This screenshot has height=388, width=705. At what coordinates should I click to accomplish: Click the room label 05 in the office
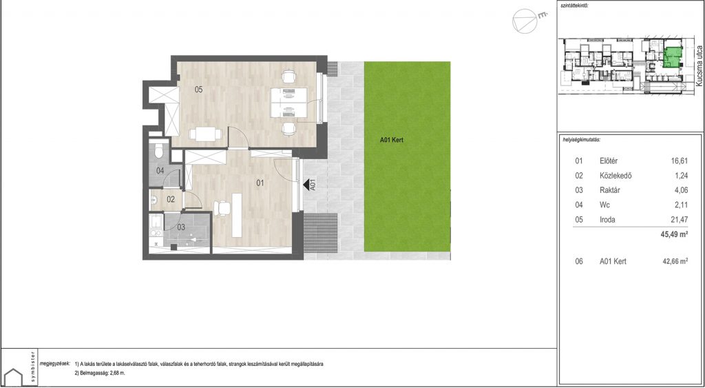pos(198,90)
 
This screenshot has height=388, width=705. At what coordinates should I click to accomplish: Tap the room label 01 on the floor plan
pos(260,183)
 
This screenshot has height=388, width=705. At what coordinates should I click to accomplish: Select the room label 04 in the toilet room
pos(160,171)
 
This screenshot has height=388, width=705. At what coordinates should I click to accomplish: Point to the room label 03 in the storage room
pos(181,227)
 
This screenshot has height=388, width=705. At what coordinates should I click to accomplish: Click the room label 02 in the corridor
pos(171,199)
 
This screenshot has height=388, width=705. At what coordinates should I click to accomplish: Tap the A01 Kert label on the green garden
pos(392,140)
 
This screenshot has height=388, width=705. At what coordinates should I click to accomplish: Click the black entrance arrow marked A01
pos(308,185)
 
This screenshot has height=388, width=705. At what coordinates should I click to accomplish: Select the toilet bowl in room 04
pos(158,150)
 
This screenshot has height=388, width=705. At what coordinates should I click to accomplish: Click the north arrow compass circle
pos(524,21)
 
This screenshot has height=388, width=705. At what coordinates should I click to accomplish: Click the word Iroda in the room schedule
pos(607,220)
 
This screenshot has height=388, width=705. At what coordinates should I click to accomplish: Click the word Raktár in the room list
pos(610,190)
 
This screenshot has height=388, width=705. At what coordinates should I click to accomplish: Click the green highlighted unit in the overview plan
pos(673,57)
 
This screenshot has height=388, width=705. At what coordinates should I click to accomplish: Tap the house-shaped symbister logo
pos(14,377)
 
